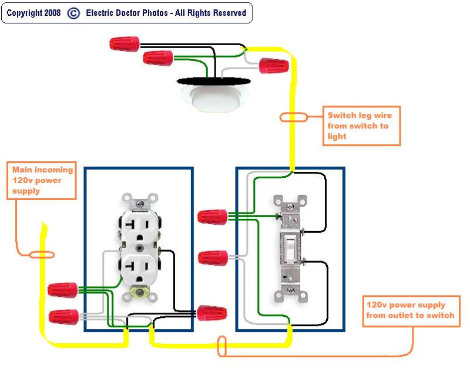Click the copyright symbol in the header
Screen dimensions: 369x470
point(73,13)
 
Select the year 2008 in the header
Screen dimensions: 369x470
point(51,13)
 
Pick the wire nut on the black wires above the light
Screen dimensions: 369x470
point(125,43)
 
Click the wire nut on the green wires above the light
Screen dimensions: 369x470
point(158,58)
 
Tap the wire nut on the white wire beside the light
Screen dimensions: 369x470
point(273,65)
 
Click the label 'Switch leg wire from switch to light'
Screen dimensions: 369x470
point(361,126)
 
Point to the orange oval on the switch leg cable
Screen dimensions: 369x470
point(293,117)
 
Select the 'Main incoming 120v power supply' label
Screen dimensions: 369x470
point(43,180)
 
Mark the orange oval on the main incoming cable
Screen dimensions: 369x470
point(42,255)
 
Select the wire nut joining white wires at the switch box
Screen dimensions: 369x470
point(213,257)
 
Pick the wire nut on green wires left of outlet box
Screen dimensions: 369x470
point(63,289)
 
